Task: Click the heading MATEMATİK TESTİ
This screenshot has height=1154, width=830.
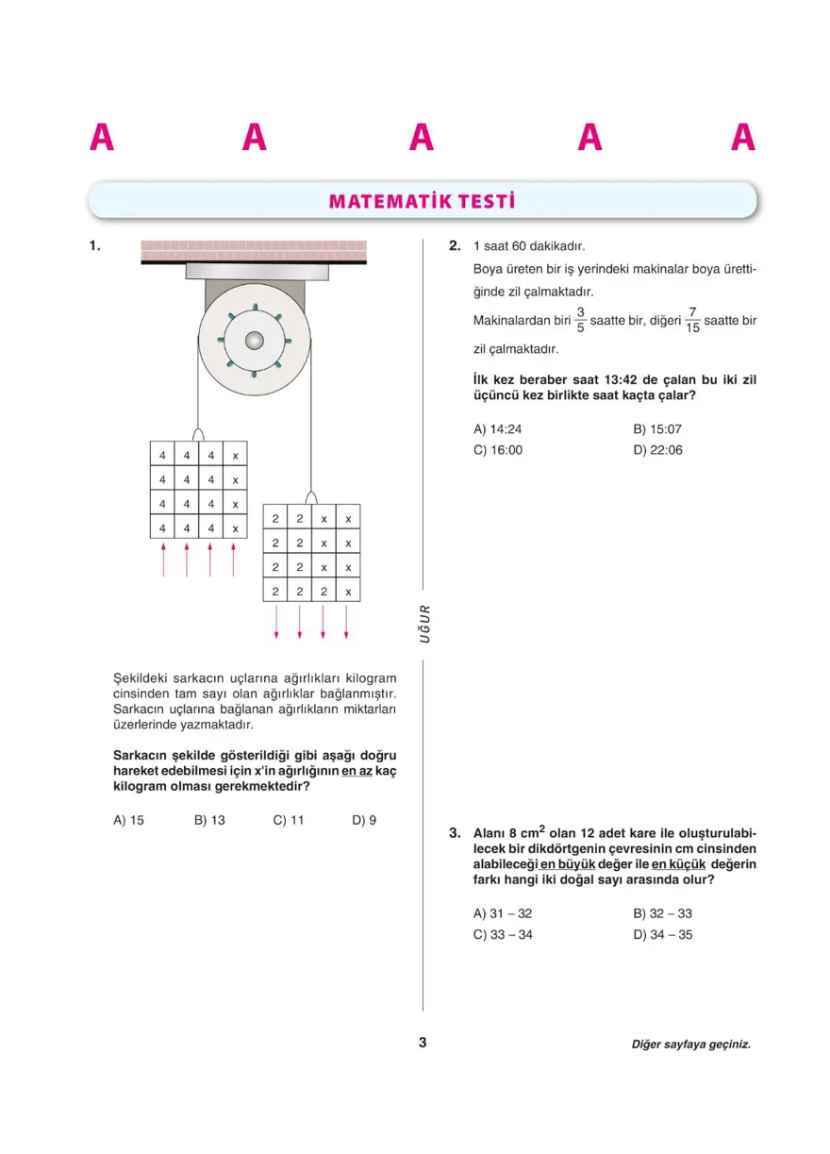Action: click(422, 201)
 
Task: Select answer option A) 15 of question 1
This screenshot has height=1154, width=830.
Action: click(128, 820)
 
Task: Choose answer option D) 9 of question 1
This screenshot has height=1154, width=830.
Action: click(364, 820)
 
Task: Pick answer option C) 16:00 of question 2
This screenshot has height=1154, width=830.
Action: click(497, 450)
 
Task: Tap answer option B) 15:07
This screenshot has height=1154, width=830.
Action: click(657, 428)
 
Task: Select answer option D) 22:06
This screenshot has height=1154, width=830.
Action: click(657, 450)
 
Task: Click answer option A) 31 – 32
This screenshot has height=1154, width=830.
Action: click(503, 913)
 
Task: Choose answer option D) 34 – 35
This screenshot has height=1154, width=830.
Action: click(663, 935)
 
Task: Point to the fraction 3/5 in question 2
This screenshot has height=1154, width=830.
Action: click(580, 320)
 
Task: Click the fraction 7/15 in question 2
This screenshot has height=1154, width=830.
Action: click(692, 320)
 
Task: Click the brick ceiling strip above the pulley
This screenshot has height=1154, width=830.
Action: click(254, 250)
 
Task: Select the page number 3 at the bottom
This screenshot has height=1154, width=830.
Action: click(423, 1043)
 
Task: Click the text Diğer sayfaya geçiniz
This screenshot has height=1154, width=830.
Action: click(691, 1045)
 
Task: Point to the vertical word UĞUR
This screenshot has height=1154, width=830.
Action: click(423, 625)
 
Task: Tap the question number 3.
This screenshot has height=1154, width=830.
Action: click(455, 833)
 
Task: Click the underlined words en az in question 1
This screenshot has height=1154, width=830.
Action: click(357, 771)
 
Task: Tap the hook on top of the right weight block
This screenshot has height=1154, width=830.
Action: click(311, 497)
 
